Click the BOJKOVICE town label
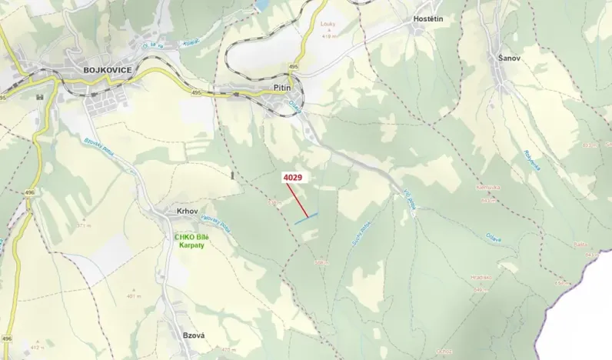tap(106, 70)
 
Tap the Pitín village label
tap(281, 89)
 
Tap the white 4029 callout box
tap(292, 178)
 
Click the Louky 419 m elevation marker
tap(329, 29)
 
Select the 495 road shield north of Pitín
tap(293, 68)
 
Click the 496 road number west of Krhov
tap(29, 193)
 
